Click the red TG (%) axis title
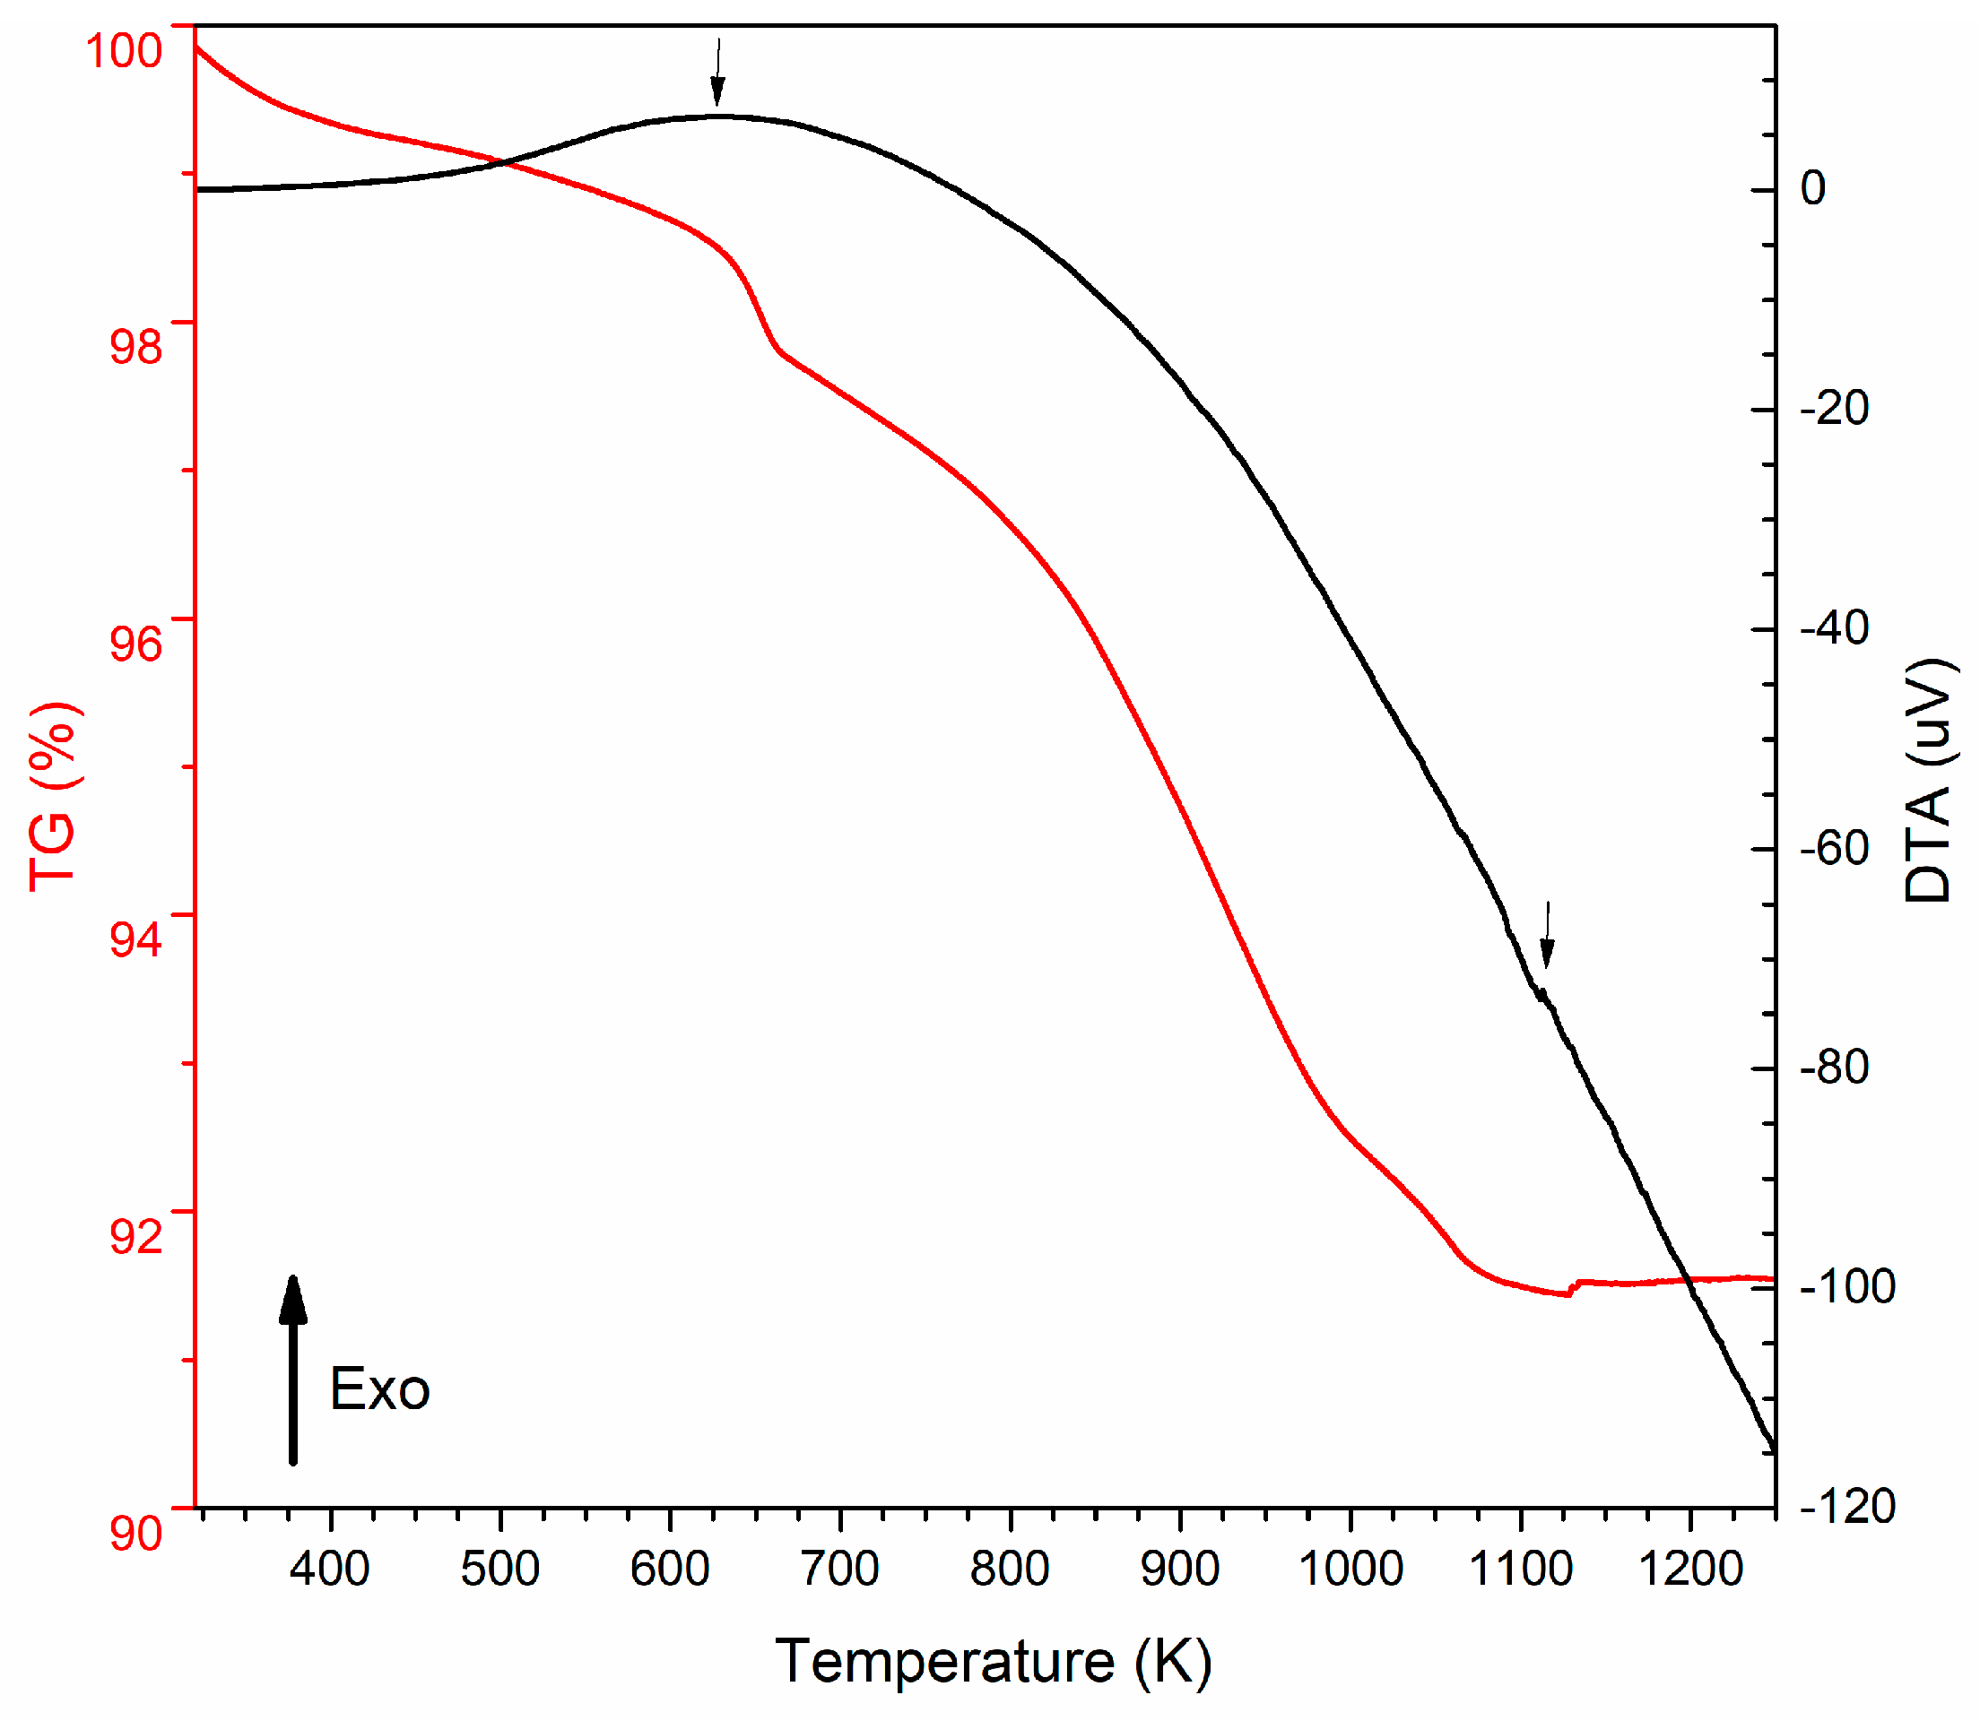(x=54, y=797)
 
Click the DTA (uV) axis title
(x=1929, y=781)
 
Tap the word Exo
(x=379, y=1389)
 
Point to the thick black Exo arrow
(x=293, y=1373)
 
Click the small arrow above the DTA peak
(x=717, y=72)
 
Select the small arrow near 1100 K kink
(x=1547, y=934)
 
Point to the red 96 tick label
(x=135, y=643)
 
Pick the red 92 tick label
(x=135, y=1236)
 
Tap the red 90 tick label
(x=135, y=1533)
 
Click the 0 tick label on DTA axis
(x=1813, y=188)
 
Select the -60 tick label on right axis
(x=1834, y=848)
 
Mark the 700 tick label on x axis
(x=840, y=1569)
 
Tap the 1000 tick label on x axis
(x=1350, y=1569)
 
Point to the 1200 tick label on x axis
(x=1691, y=1569)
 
